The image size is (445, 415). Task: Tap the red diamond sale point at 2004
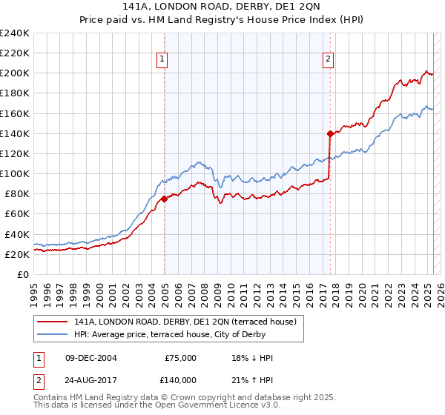(164, 198)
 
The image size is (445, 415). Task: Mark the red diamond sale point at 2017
(330, 133)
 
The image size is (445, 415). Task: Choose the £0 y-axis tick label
(24, 274)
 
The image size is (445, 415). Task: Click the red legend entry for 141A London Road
(185, 322)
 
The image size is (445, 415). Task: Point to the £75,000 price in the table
(179, 358)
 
